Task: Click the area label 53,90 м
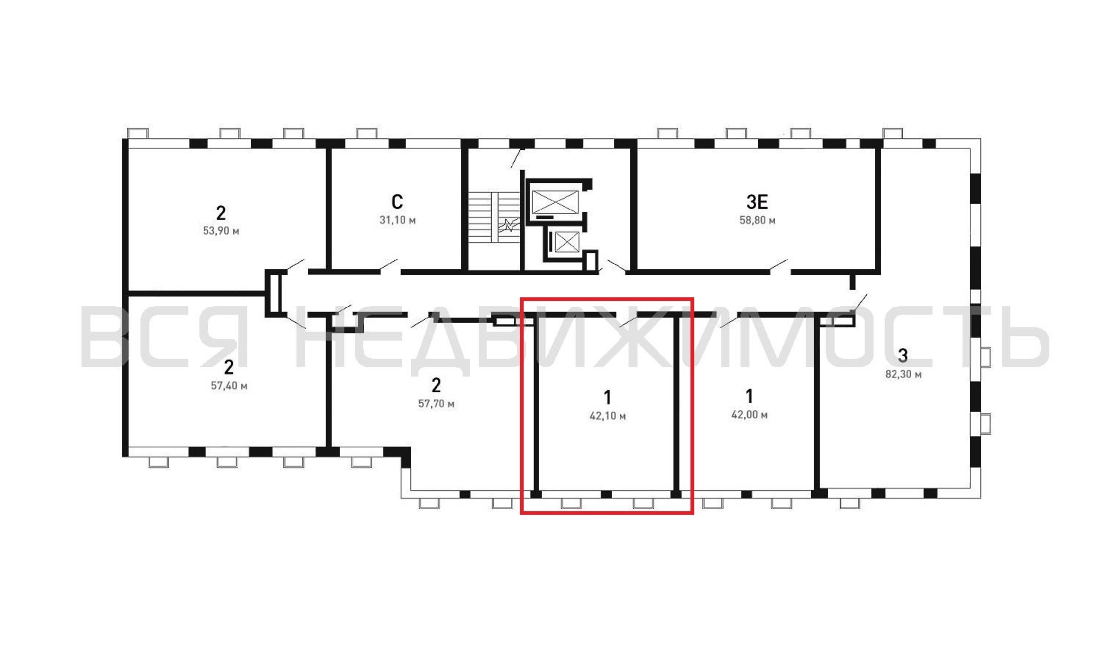click(x=221, y=231)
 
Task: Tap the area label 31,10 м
click(x=397, y=220)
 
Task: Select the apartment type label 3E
click(x=757, y=202)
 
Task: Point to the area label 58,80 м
click(x=757, y=220)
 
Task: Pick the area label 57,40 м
click(x=229, y=385)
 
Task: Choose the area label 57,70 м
click(x=436, y=404)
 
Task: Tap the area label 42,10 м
click(x=608, y=416)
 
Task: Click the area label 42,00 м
click(x=749, y=415)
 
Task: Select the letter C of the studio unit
click(x=397, y=202)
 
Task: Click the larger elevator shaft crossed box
click(x=555, y=202)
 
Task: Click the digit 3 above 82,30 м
click(x=903, y=355)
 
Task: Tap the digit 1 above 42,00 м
click(x=749, y=396)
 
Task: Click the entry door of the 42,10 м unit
click(x=628, y=321)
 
